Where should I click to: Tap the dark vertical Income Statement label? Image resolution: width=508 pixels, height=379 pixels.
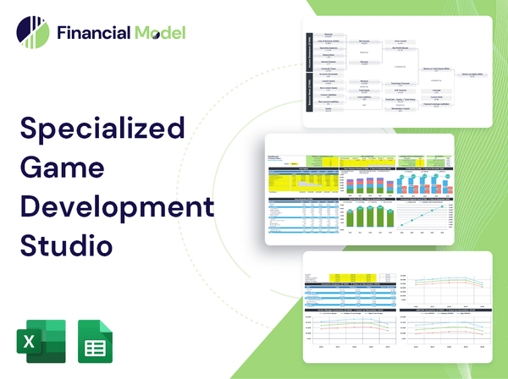click(x=310, y=52)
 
